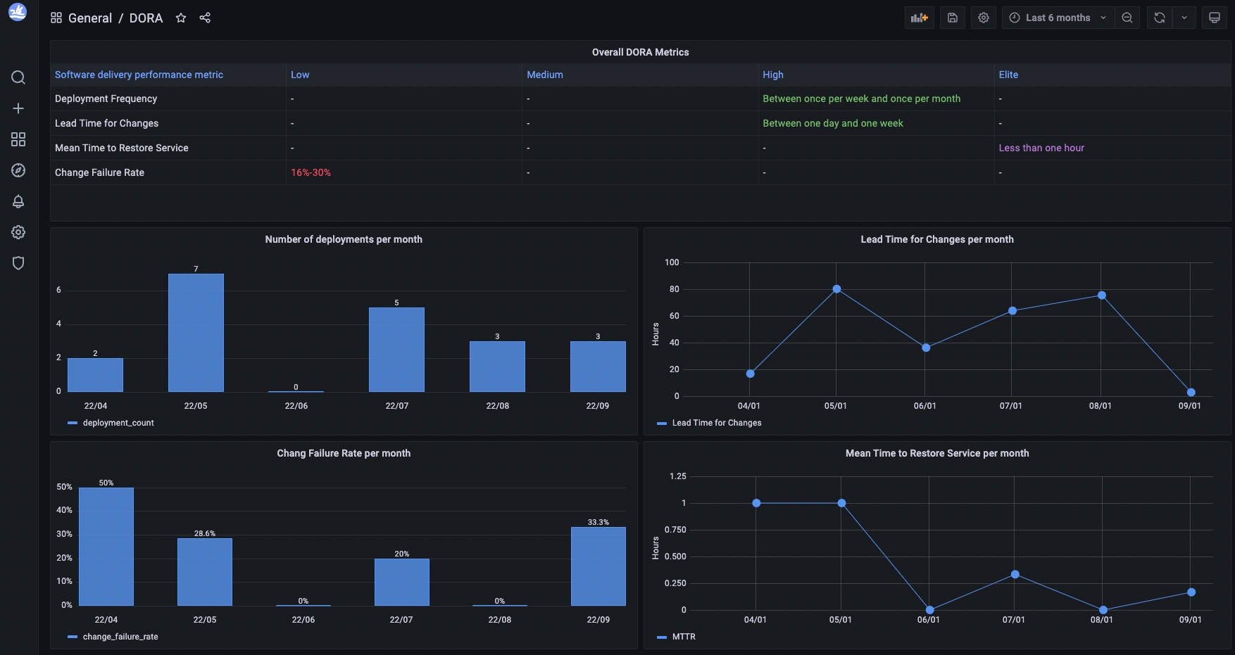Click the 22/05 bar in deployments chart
[x=196, y=332]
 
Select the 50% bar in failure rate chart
[x=106, y=546]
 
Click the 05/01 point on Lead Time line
[x=836, y=289]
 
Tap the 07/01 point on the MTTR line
[x=1015, y=574]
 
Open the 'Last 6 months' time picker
[x=1058, y=18]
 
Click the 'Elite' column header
[x=1008, y=75]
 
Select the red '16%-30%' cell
[x=311, y=172]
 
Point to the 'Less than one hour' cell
[x=1041, y=148]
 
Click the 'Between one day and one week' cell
[x=833, y=123]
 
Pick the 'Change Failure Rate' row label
[x=99, y=172]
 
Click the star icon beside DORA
[x=181, y=18]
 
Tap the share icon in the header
[x=205, y=18]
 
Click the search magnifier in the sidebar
[x=18, y=77]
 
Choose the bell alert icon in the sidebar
[x=18, y=201]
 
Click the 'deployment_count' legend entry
[x=118, y=423]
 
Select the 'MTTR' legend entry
[x=683, y=637]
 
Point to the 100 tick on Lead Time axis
[x=672, y=262]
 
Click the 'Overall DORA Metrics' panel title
[x=640, y=52]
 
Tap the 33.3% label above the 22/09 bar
[x=598, y=522]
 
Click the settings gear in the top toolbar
[x=984, y=18]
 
